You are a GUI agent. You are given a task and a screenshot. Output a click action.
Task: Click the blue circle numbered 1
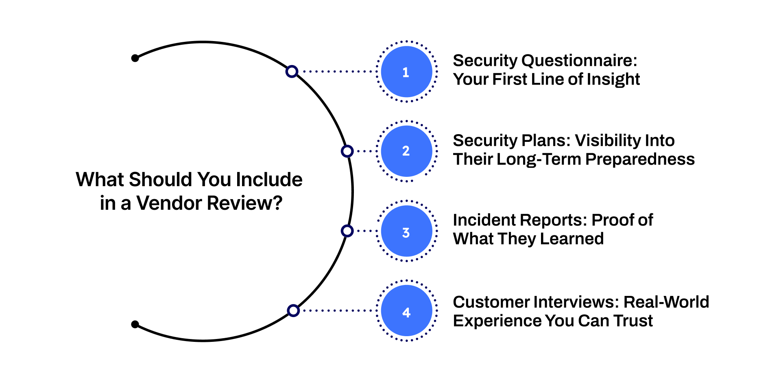[x=406, y=72]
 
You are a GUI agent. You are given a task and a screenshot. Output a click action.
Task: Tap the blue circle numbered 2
[x=406, y=151]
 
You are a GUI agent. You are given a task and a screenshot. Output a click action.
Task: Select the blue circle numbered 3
[x=406, y=231]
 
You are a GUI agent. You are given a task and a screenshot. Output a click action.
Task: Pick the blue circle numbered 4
[x=406, y=311]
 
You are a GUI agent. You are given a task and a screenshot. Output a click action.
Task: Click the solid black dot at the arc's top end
[x=135, y=58]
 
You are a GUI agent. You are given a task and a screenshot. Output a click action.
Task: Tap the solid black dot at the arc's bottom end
[x=135, y=324]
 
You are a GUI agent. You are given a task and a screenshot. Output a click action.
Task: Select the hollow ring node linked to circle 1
[x=292, y=72]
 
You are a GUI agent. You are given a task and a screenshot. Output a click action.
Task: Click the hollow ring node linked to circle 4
[x=293, y=311]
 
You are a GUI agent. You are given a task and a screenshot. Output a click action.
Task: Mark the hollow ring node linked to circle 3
[x=347, y=231]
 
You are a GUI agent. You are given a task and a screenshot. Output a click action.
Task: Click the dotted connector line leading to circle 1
[x=338, y=72]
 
